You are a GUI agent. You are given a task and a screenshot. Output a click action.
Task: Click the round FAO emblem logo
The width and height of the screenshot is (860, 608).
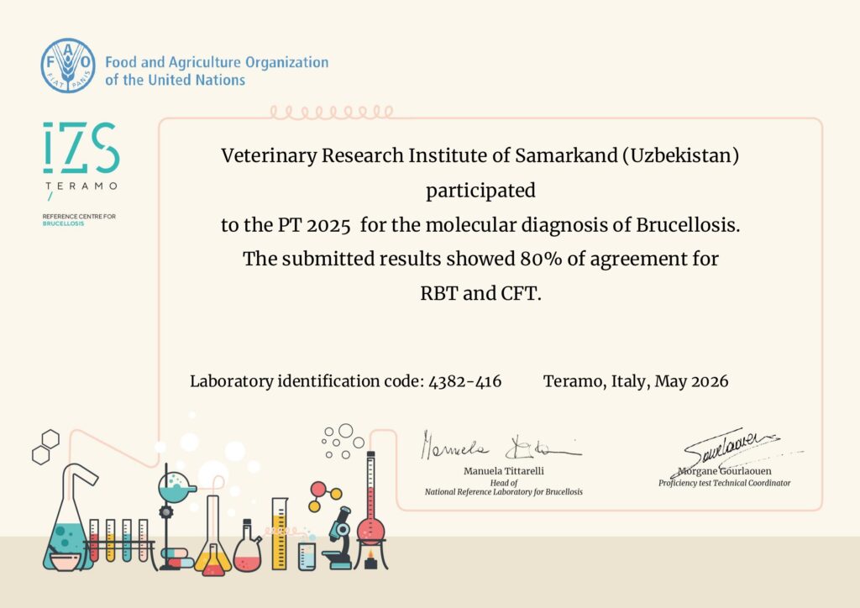point(68,66)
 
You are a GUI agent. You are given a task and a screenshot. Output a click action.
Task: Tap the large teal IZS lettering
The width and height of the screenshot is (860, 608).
point(81,148)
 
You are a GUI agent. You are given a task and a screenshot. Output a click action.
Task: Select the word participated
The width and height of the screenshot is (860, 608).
point(480,191)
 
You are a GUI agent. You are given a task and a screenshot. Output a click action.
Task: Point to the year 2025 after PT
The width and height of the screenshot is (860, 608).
point(328,225)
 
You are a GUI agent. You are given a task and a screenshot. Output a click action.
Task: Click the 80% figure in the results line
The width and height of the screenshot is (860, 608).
point(541,259)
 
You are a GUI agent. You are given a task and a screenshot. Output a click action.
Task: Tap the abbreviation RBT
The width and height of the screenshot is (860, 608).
point(438,293)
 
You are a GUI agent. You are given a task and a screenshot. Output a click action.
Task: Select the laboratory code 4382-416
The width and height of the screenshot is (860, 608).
point(464,381)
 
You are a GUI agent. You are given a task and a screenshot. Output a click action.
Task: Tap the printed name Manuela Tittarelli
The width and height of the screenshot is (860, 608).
point(504,471)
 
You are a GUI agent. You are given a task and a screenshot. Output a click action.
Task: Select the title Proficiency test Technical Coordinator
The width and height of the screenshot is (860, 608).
point(725,483)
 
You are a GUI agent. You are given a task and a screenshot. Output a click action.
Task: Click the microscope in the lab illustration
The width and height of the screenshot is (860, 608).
point(338,538)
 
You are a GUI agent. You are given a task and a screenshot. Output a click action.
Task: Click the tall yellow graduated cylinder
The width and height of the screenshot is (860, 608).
point(280,533)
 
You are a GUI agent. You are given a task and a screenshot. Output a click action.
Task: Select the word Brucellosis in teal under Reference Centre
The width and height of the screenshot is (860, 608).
point(63,223)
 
